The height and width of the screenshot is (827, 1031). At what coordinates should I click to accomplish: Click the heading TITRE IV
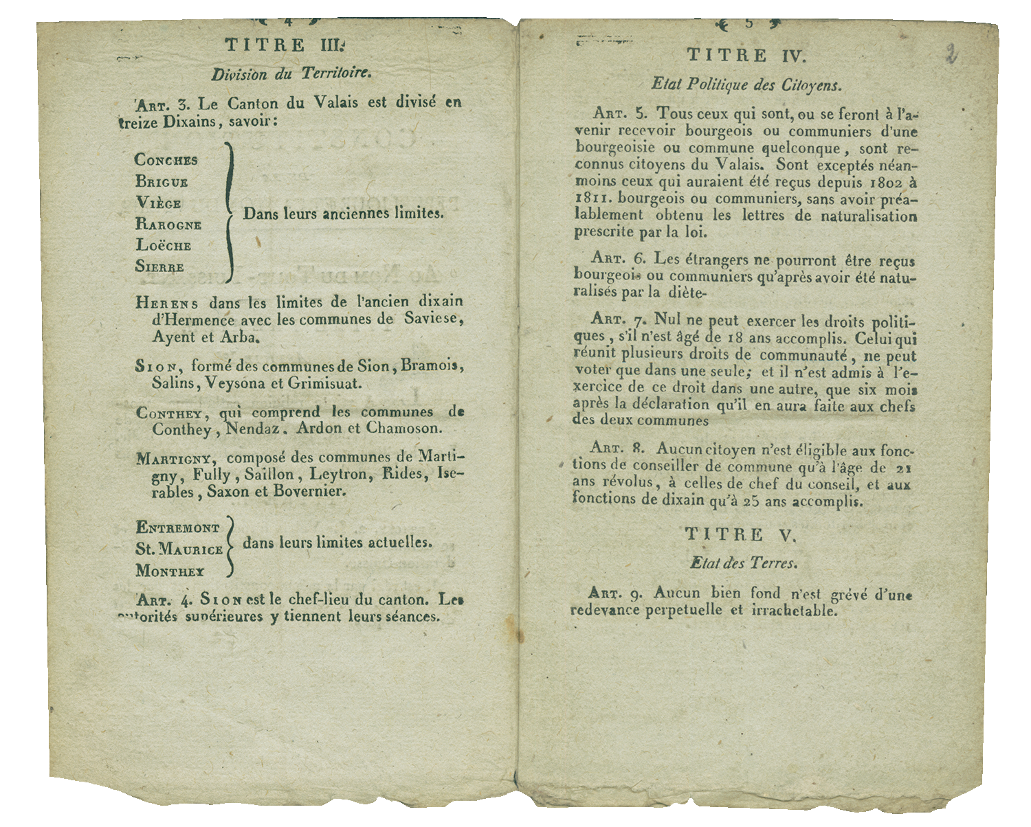(x=746, y=55)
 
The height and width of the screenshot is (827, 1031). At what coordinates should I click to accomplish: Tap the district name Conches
(x=166, y=160)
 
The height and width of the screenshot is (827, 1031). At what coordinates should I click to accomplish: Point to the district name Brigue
(x=162, y=182)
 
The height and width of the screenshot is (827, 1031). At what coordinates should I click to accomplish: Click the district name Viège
(x=158, y=203)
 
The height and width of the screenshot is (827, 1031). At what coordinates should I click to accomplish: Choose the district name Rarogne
(x=168, y=225)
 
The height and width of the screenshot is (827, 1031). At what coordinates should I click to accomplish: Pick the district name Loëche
(x=163, y=245)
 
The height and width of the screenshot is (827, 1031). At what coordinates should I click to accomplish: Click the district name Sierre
(x=159, y=267)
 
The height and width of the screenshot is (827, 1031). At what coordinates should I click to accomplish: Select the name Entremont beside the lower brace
(x=178, y=528)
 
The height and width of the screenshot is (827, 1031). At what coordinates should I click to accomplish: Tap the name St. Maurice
(x=179, y=550)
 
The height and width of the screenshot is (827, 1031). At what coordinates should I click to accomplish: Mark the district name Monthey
(x=170, y=571)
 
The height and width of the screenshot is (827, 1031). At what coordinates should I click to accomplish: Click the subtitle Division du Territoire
(x=291, y=74)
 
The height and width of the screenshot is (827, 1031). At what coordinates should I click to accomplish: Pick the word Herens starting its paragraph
(x=167, y=302)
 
